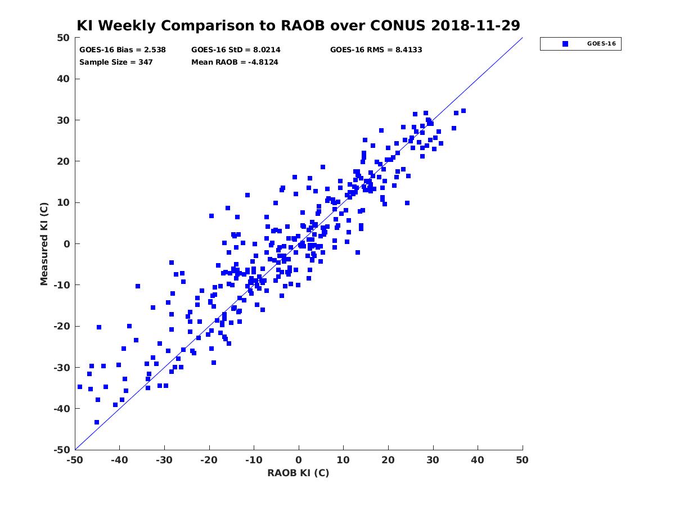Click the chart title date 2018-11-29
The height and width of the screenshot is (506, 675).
click(475, 25)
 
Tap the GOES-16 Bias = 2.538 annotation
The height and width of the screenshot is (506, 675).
click(123, 50)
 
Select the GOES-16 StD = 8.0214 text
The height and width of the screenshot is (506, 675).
click(236, 50)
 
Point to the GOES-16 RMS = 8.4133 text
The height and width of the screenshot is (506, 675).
click(376, 50)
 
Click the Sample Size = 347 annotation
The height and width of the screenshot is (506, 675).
click(116, 62)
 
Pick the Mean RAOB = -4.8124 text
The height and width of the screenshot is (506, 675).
click(235, 62)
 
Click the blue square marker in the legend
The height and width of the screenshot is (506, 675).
click(565, 44)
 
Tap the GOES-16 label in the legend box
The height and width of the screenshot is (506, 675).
click(601, 44)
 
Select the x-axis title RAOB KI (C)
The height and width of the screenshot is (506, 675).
click(298, 473)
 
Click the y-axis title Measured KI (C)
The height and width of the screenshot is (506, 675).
click(44, 243)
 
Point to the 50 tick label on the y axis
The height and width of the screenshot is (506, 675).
click(64, 38)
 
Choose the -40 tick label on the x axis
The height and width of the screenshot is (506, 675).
click(120, 460)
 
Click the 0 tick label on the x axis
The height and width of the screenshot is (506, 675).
click(299, 460)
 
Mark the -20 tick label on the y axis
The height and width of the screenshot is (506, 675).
click(61, 326)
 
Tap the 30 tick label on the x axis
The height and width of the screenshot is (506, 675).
click(433, 460)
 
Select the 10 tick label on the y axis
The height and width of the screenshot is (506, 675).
click(64, 202)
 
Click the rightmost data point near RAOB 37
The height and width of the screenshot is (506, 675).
click(463, 111)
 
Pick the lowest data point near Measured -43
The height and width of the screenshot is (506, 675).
click(97, 422)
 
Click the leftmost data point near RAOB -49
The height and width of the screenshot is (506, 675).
click(80, 387)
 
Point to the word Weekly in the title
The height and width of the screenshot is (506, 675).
click(129, 26)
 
